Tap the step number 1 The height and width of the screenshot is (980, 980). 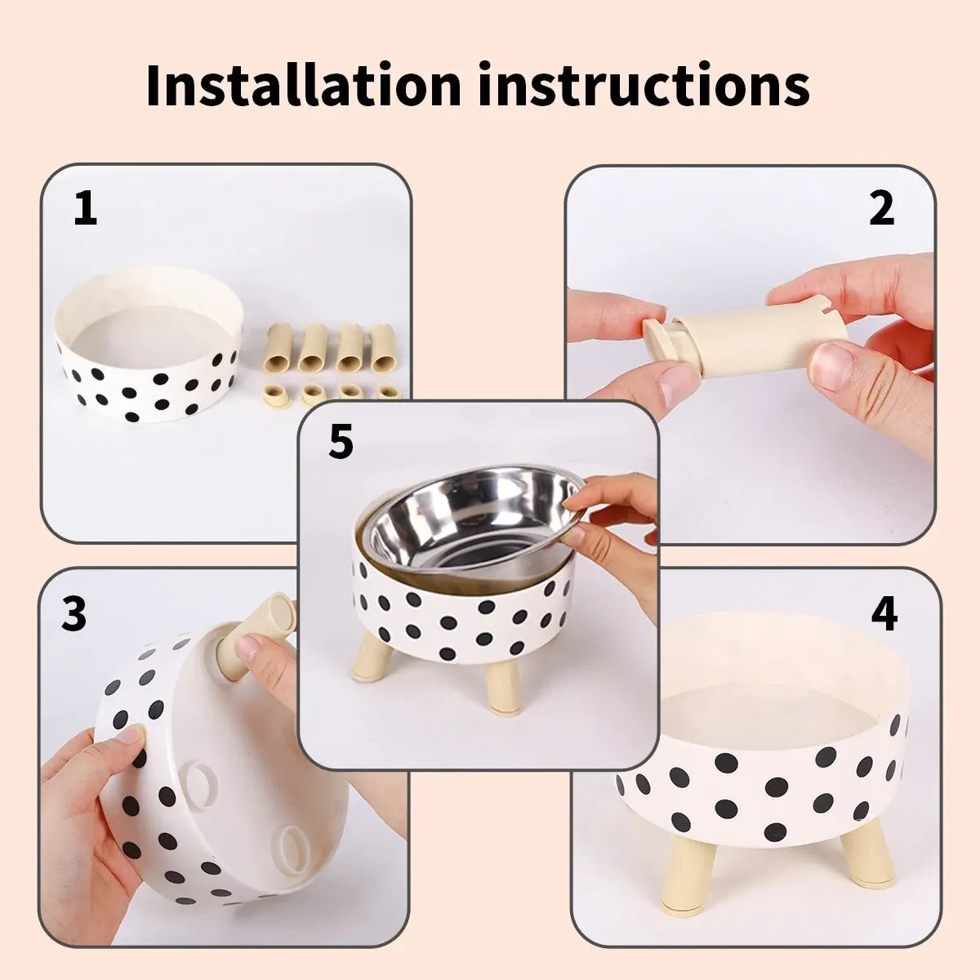[x=85, y=208]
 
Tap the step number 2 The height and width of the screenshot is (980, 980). [x=881, y=208]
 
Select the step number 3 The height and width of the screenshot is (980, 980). [x=73, y=614]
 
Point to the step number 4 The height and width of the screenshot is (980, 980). [x=884, y=614]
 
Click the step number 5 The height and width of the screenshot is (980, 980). [x=341, y=442]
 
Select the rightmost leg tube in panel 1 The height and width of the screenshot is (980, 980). [x=381, y=347]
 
